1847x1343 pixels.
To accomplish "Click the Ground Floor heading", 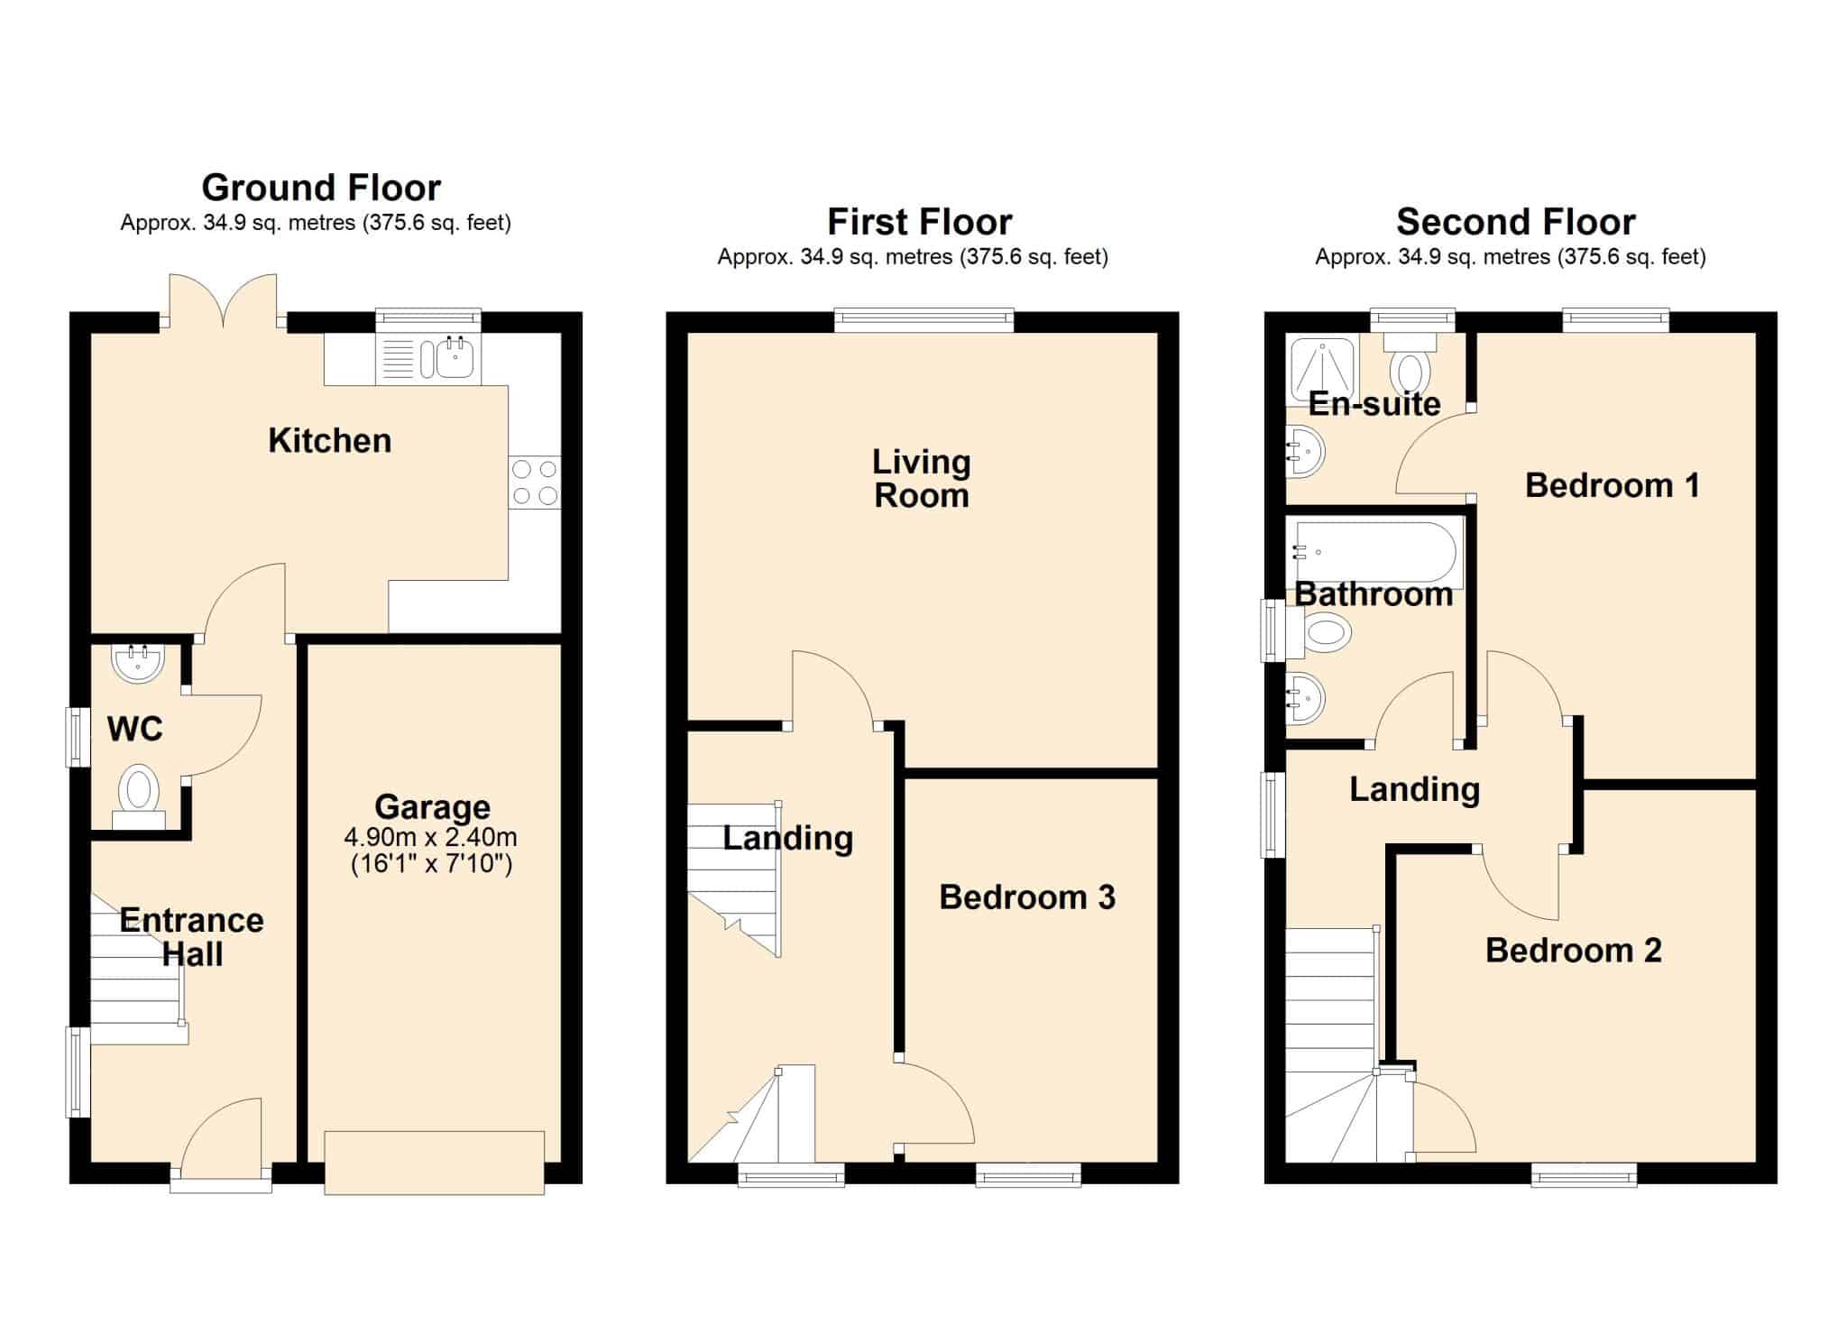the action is [321, 188].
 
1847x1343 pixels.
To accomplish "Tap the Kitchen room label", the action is [330, 440].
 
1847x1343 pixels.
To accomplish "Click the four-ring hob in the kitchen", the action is [535, 483].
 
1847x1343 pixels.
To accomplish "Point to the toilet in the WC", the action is [139, 796].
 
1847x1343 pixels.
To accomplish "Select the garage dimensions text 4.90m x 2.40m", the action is [431, 836].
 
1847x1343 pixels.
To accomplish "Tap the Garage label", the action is [433, 806].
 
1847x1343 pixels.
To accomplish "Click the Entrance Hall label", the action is [192, 936].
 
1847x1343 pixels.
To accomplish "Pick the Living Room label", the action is [922, 478].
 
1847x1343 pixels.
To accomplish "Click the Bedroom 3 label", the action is [1027, 897].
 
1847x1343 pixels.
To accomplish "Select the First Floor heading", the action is [920, 222].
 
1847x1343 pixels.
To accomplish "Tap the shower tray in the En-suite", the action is [1322, 370].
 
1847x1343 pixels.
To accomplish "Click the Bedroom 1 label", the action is [1613, 485].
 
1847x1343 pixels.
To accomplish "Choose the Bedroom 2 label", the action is [1574, 950].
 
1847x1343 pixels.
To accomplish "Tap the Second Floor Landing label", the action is [1415, 789].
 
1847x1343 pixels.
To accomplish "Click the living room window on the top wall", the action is [924, 319].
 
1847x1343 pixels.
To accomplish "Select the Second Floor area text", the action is [1511, 257].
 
